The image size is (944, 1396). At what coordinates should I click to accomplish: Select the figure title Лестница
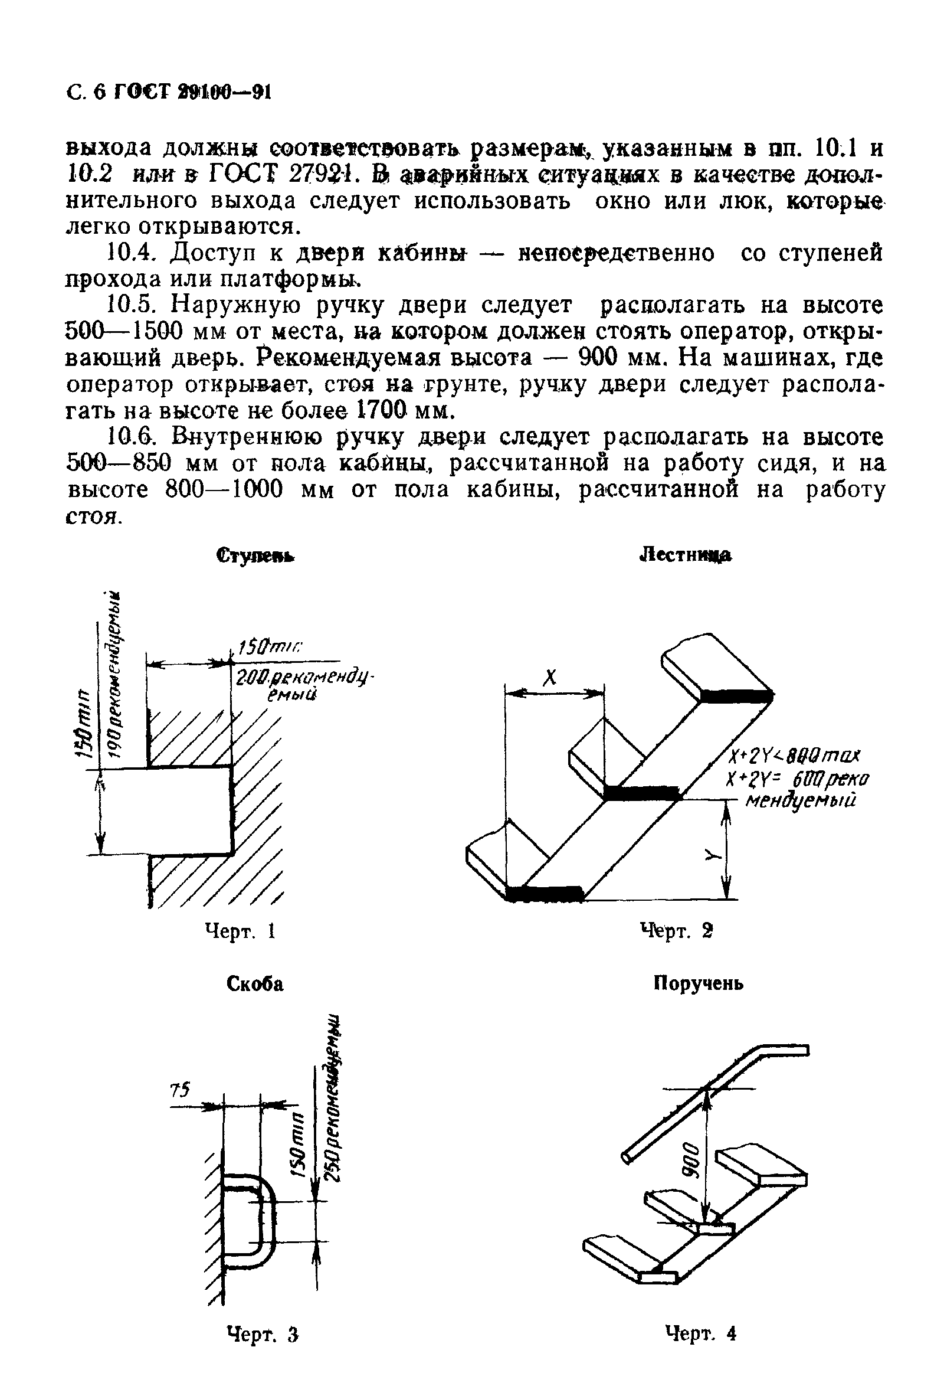point(684,555)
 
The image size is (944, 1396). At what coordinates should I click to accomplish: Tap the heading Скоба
point(255,984)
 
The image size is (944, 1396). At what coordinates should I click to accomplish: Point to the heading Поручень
point(698,983)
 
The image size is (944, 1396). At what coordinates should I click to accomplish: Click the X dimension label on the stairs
point(549,678)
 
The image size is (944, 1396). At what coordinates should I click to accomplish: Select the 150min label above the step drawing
point(270,648)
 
